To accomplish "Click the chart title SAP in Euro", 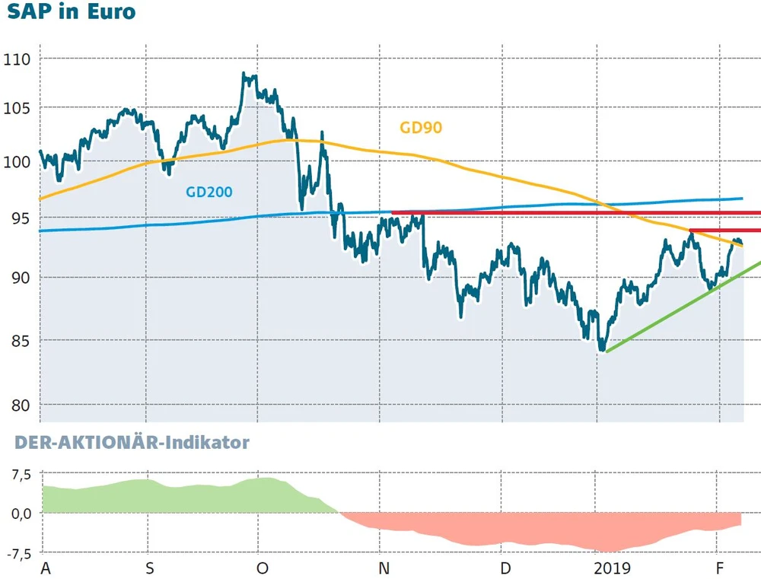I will tap(71, 13).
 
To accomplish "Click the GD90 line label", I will tap(421, 129).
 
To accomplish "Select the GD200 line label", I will tap(209, 192).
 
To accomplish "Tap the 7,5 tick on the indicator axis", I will tap(19, 475).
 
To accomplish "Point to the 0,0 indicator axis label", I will tap(19, 513).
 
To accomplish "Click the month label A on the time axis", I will tap(44, 568).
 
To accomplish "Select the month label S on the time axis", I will tap(150, 568).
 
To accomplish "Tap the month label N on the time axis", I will tap(384, 568).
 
